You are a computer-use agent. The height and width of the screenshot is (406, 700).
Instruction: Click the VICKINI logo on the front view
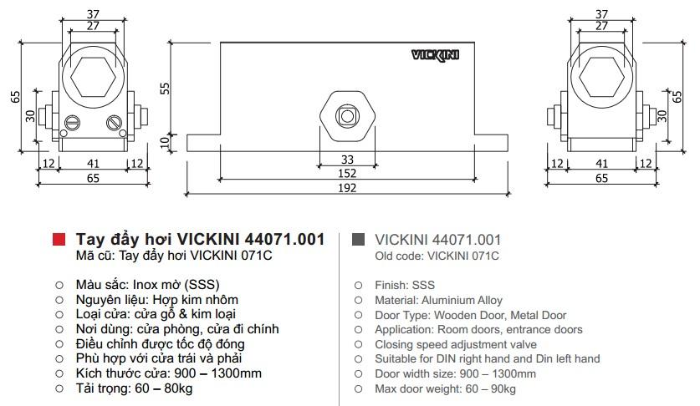pos(435,55)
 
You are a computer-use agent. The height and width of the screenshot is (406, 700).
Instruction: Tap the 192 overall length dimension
pos(347,188)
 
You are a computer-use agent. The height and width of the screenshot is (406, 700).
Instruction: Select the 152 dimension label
pos(347,174)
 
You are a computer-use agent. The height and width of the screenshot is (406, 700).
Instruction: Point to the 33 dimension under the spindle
pos(347,160)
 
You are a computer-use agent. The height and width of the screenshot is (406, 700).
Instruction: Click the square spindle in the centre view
pos(347,116)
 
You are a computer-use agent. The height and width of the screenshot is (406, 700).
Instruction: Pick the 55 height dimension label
pos(165,88)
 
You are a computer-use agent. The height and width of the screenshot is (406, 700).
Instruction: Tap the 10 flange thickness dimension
pos(165,142)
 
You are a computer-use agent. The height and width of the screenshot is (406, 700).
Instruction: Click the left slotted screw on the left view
pos(72,122)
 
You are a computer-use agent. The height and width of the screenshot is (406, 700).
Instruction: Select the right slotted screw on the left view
pos(114,122)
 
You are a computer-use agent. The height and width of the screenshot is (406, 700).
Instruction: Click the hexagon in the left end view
pos(93,76)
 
